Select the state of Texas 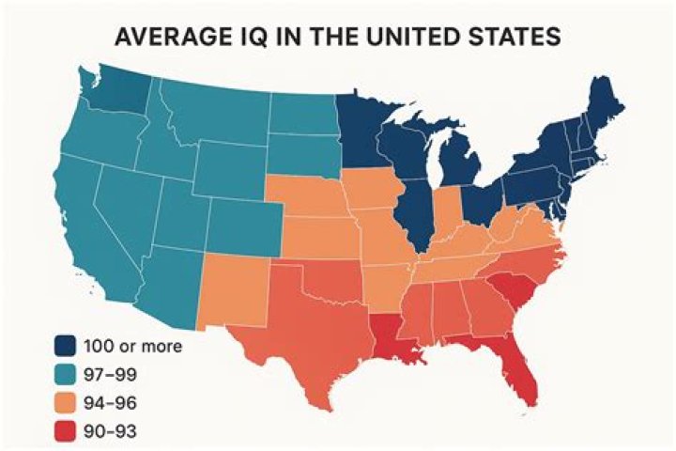tap(310, 338)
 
